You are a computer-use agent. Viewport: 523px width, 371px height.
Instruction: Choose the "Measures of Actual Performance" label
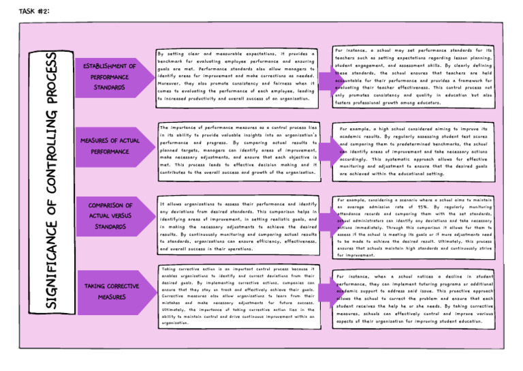pyautogui.click(x=109, y=145)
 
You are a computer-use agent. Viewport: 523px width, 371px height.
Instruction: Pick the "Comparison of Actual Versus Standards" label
pyautogui.click(x=110, y=216)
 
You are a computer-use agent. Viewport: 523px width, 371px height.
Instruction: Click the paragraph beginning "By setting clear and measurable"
pyautogui.click(x=236, y=76)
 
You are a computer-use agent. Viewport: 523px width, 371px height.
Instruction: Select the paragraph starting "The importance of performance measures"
pyautogui.click(x=238, y=150)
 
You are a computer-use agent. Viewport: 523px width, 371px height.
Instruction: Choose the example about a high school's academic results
pyautogui.click(x=413, y=151)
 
